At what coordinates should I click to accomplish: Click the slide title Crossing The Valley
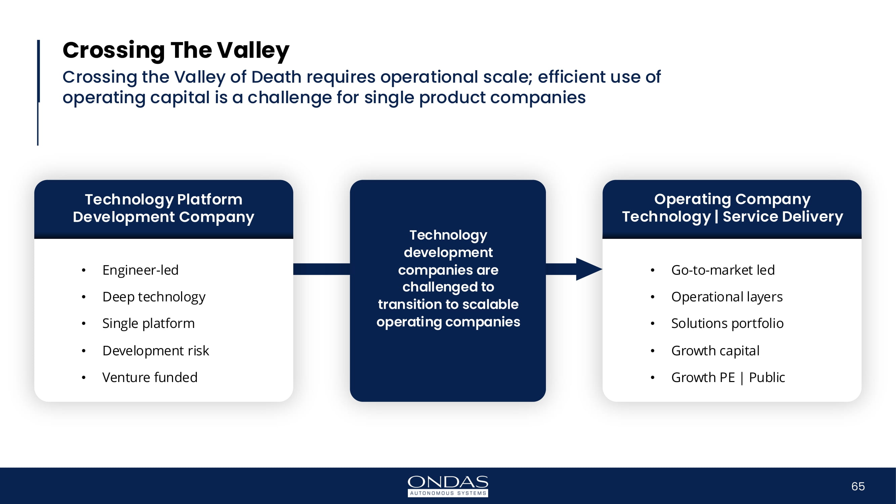(176, 50)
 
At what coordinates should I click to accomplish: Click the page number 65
(858, 486)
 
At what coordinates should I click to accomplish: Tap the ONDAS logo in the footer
(448, 486)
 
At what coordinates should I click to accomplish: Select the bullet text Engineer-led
(140, 270)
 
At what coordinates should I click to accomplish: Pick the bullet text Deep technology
(154, 297)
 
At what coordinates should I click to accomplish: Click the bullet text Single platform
(148, 324)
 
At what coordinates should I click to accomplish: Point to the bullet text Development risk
(156, 350)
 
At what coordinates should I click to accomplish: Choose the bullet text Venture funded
(150, 377)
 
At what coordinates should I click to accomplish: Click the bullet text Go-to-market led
(723, 270)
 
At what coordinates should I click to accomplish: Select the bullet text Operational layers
(727, 297)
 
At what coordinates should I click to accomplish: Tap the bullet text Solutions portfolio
(727, 324)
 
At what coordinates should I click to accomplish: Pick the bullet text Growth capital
(715, 350)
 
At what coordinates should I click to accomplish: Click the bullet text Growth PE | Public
(728, 377)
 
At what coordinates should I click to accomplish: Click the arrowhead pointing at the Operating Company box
(589, 269)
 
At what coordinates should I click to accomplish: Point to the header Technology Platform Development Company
(164, 208)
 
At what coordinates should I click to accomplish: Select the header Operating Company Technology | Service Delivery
(732, 208)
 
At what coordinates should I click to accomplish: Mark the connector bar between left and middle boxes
(322, 269)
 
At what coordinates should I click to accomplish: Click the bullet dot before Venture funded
(83, 377)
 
